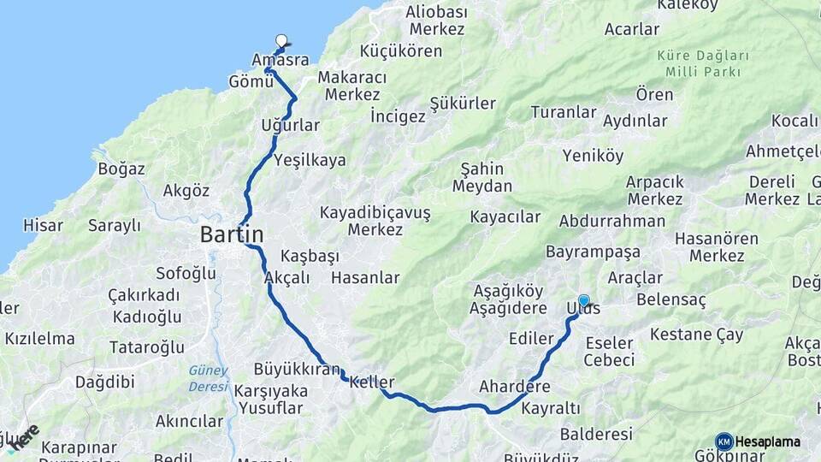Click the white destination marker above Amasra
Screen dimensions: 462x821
[x=281, y=39]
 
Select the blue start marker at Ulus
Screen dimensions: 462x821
[x=584, y=300]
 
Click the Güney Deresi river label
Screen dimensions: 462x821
[x=209, y=377]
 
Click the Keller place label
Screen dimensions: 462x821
[x=372, y=382]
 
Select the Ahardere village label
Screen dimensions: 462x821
[x=515, y=386]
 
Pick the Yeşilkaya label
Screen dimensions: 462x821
[x=310, y=159]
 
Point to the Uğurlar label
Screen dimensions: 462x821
[x=291, y=126]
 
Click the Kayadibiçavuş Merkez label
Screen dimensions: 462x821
[x=375, y=221]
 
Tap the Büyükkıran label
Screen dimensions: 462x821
[x=297, y=370]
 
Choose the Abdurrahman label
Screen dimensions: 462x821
[x=612, y=221]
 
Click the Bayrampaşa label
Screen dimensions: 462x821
[x=593, y=252]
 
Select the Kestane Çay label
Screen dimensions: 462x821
[x=697, y=335]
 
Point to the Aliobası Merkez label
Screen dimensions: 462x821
[x=436, y=21]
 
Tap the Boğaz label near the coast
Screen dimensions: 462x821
[x=121, y=169]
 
